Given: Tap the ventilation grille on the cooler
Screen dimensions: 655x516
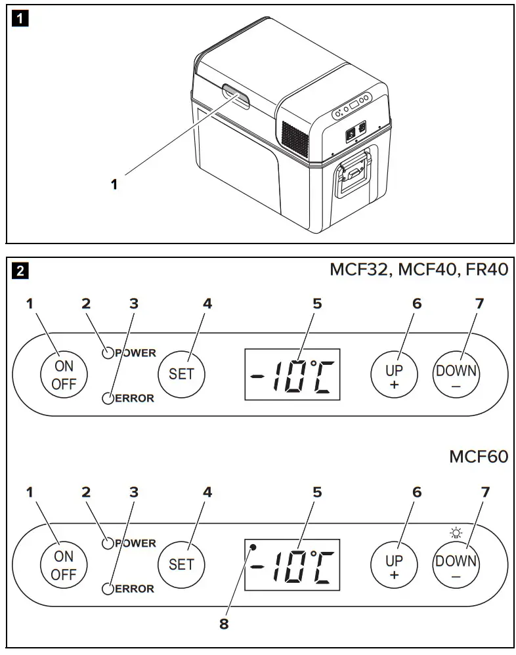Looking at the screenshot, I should click(294, 139).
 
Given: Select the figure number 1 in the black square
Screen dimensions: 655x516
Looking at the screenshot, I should click(21, 18).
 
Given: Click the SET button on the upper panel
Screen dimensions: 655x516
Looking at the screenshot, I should click(182, 373).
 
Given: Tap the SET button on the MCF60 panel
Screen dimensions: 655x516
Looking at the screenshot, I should click(182, 564).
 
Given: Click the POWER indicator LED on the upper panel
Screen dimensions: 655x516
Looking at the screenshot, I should click(108, 353).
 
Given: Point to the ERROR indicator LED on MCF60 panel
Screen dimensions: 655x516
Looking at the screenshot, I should click(108, 589).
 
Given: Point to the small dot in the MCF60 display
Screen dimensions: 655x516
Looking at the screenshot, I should click(253, 546).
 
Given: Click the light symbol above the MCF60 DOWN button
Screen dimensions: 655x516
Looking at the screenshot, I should click(456, 533).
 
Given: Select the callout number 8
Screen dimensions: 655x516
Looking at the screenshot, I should click(224, 625).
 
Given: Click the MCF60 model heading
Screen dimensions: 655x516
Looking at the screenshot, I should click(479, 457).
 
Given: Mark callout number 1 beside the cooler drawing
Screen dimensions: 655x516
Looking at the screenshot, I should click(114, 185).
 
